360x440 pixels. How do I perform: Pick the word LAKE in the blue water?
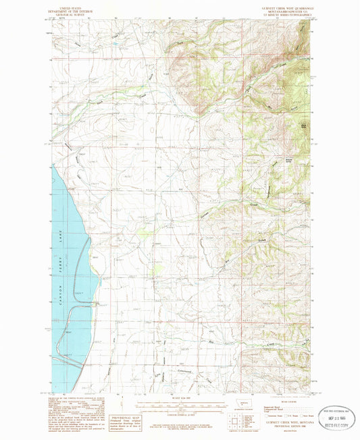click(x=59, y=236)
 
